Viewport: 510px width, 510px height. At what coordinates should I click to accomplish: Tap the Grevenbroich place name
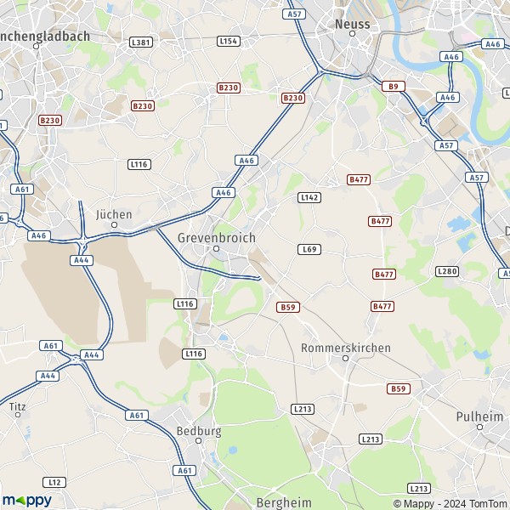[x=216, y=238]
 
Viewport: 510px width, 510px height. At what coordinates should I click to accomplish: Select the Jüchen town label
[x=114, y=214]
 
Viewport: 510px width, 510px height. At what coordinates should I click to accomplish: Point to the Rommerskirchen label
[x=346, y=348]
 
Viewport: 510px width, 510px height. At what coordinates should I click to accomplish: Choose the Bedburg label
[x=198, y=431]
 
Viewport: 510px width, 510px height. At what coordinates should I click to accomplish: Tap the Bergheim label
[x=283, y=502]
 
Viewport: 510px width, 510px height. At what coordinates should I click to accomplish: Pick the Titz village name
[x=17, y=407]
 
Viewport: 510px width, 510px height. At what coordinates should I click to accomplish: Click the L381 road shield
[x=141, y=42]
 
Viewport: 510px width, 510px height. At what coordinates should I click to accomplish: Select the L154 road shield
[x=228, y=41]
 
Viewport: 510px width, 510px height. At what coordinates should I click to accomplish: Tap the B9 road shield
[x=393, y=86]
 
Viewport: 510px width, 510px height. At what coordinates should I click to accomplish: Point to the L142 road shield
[x=309, y=197]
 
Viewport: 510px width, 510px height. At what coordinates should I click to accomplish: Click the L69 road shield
[x=309, y=249]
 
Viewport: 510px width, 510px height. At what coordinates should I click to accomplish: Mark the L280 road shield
[x=446, y=270]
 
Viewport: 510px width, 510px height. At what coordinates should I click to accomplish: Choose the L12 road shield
[x=55, y=482]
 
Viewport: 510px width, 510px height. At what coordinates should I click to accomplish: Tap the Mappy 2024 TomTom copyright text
[x=455, y=502]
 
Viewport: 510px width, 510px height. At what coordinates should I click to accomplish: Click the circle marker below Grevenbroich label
[x=216, y=249]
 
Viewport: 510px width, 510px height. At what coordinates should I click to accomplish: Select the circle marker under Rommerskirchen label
[x=345, y=359]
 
